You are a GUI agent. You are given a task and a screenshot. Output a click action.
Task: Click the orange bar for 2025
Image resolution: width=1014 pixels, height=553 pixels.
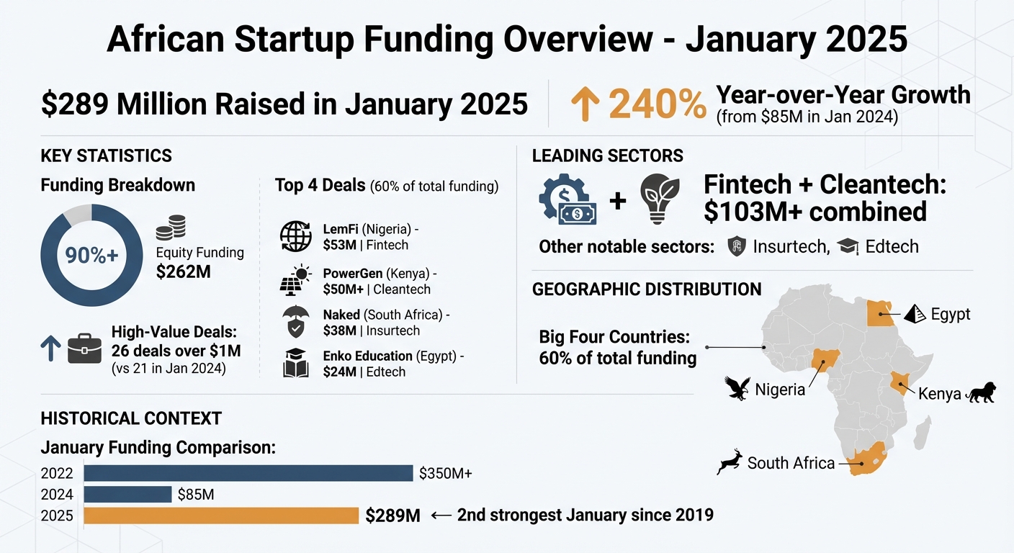[221, 516]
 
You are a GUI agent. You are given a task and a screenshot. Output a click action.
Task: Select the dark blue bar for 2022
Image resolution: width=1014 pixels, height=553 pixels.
[248, 473]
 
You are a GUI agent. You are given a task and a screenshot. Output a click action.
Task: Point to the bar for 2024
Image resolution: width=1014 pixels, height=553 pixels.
[127, 495]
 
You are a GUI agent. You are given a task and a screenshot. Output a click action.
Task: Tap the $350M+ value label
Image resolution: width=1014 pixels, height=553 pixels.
[446, 474]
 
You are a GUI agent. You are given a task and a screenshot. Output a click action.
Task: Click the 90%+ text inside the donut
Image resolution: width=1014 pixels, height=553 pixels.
[91, 256]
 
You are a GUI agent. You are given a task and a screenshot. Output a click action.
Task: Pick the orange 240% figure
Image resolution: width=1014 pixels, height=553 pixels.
[658, 105]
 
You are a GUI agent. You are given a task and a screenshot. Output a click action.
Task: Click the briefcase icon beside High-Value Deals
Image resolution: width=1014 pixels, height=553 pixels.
[84, 349]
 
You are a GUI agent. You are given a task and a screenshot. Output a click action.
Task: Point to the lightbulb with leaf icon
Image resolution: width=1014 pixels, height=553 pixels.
[659, 199]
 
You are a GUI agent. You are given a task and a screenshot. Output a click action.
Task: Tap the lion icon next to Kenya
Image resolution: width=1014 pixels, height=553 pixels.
[980, 393]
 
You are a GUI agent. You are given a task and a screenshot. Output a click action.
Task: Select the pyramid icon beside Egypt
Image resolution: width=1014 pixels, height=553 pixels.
[915, 313]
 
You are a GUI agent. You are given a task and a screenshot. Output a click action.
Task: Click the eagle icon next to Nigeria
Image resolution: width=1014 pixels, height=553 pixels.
[738, 388]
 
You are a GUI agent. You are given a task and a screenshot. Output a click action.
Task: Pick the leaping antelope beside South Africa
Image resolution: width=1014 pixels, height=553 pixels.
[730, 462]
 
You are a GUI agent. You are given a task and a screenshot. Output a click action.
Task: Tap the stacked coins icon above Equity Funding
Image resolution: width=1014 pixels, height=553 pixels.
[171, 228]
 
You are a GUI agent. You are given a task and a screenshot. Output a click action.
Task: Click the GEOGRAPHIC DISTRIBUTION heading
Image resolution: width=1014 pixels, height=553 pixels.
[646, 289]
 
